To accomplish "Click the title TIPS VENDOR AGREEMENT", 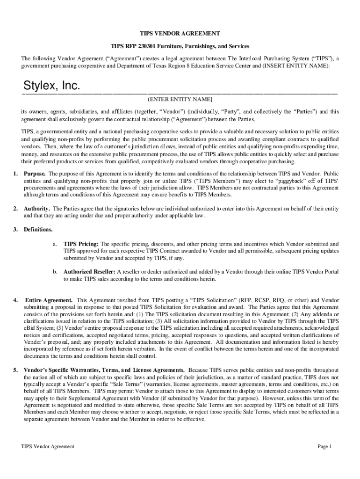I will (x=180, y=34).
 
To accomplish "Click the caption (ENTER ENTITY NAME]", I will (x=180, y=100).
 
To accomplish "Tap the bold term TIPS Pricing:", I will (x=81, y=244).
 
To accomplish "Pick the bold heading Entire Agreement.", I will (x=48, y=300).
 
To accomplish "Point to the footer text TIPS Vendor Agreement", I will (x=48, y=447).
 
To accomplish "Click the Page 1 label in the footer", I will (x=324, y=447).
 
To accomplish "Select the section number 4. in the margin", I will (x=15, y=300).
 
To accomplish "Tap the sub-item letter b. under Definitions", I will (x=55, y=272).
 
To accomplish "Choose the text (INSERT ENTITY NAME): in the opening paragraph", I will (x=296, y=66).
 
